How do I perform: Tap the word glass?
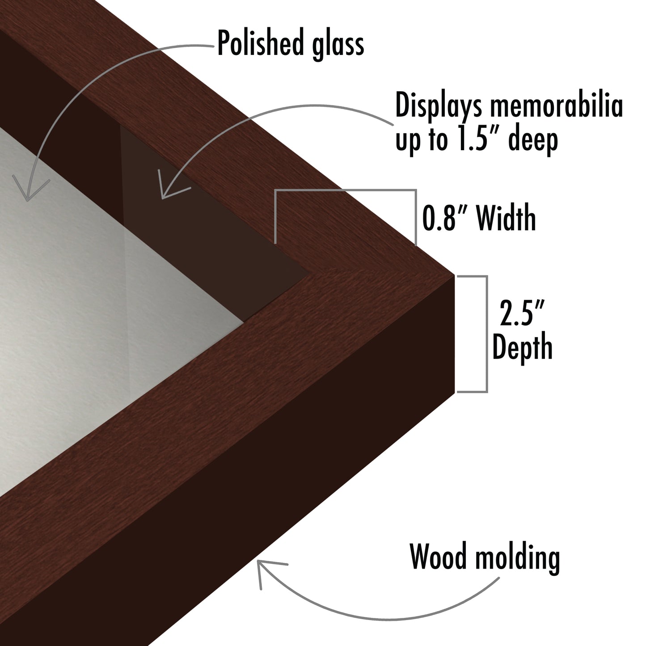[338, 45]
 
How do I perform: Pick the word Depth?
[522, 346]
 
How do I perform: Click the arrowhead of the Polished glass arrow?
[27, 200]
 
